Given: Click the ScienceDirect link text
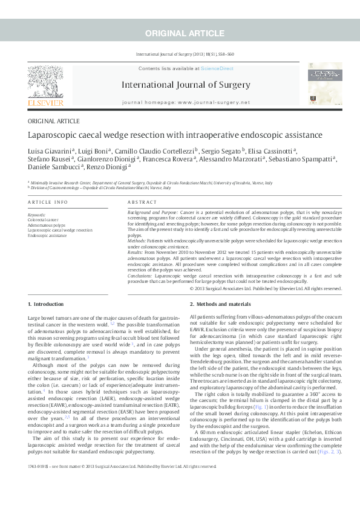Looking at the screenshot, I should pyautogui.click(x=217, y=69).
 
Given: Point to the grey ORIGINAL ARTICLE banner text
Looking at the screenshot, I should pyautogui.click(x=180, y=32).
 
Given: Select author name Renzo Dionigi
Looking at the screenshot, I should pyautogui.click(x=113, y=167).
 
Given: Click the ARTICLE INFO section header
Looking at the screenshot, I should pyautogui.click(x=48, y=202).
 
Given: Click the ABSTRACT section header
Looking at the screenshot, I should pyautogui.click(x=143, y=202).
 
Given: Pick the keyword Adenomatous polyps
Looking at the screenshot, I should pyautogui.click(x=47, y=224).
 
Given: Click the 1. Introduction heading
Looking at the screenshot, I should pyautogui.click(x=45, y=303).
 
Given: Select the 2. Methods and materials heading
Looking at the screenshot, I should pyautogui.click(x=220, y=303).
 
